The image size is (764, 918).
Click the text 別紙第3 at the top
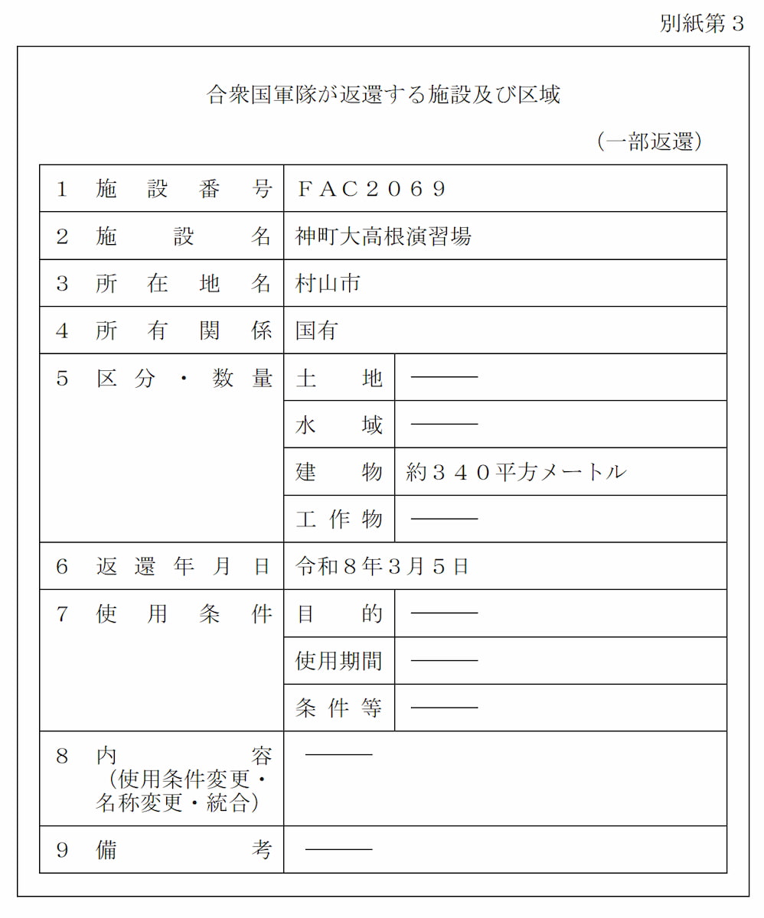click(x=701, y=24)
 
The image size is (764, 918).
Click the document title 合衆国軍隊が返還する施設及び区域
click(x=384, y=95)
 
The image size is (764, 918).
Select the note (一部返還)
click(x=649, y=142)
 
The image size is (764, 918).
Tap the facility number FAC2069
click(x=371, y=189)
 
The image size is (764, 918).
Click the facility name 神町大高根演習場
click(x=384, y=236)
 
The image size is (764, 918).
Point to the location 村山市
click(x=328, y=284)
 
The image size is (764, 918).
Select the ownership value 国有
click(x=316, y=331)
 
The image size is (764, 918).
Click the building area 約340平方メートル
click(x=516, y=472)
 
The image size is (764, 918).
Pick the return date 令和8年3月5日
click(x=382, y=567)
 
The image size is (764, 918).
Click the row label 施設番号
click(x=183, y=189)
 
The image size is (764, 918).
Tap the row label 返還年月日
click(x=183, y=567)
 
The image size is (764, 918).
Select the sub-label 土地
click(x=338, y=378)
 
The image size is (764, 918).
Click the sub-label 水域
click(x=338, y=425)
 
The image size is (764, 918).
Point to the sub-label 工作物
click(x=338, y=519)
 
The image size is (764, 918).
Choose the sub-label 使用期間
click(x=338, y=661)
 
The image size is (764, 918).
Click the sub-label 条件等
click(x=338, y=708)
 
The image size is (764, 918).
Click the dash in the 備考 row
click(x=338, y=849)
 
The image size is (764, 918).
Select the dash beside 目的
click(x=444, y=614)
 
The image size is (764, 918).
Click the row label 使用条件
click(x=183, y=614)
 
